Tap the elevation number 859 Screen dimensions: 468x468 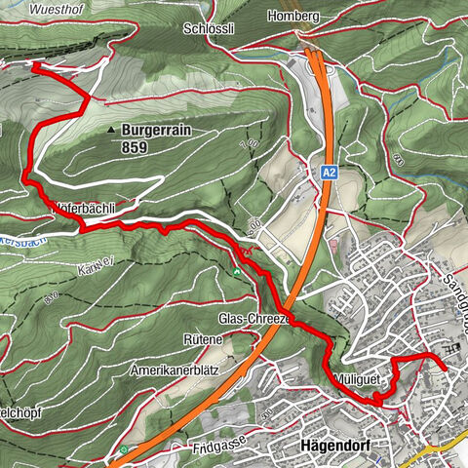click(x=136, y=147)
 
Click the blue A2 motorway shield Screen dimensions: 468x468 click(x=328, y=171)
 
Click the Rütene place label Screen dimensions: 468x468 click(x=203, y=338)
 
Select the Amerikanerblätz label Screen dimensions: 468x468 click(x=176, y=371)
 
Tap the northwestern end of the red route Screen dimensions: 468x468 click(x=35, y=65)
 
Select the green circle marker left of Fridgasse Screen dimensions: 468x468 click(x=124, y=449)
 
